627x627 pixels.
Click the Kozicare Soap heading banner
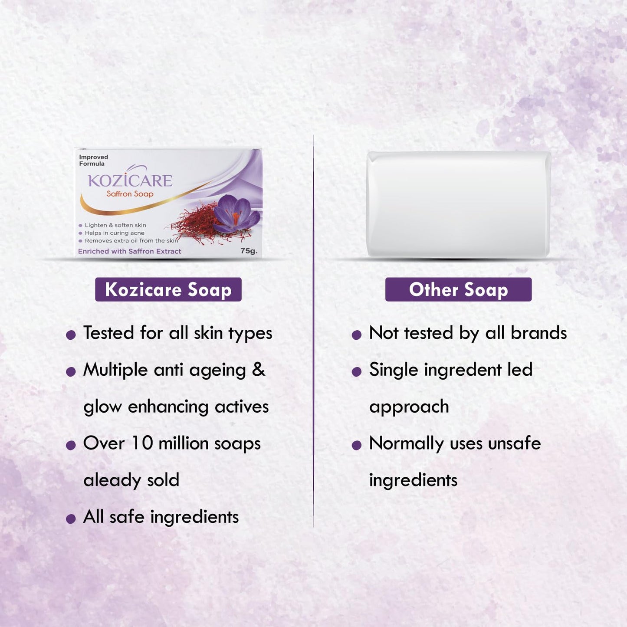(168, 289)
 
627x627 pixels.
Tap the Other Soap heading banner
(458, 289)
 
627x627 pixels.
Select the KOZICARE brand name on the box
(130, 180)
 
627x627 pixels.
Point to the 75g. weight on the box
(249, 251)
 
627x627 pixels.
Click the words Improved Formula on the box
(93, 160)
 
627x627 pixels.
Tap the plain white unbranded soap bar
(459, 204)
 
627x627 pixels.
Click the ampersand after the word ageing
(258, 370)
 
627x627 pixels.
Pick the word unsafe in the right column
(514, 443)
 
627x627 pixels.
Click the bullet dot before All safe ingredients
(71, 519)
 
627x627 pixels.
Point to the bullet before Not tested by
(357, 335)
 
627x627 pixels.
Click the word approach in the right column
(409, 407)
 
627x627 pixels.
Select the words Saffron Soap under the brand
(130, 194)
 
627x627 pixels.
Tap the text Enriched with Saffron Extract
(129, 251)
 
